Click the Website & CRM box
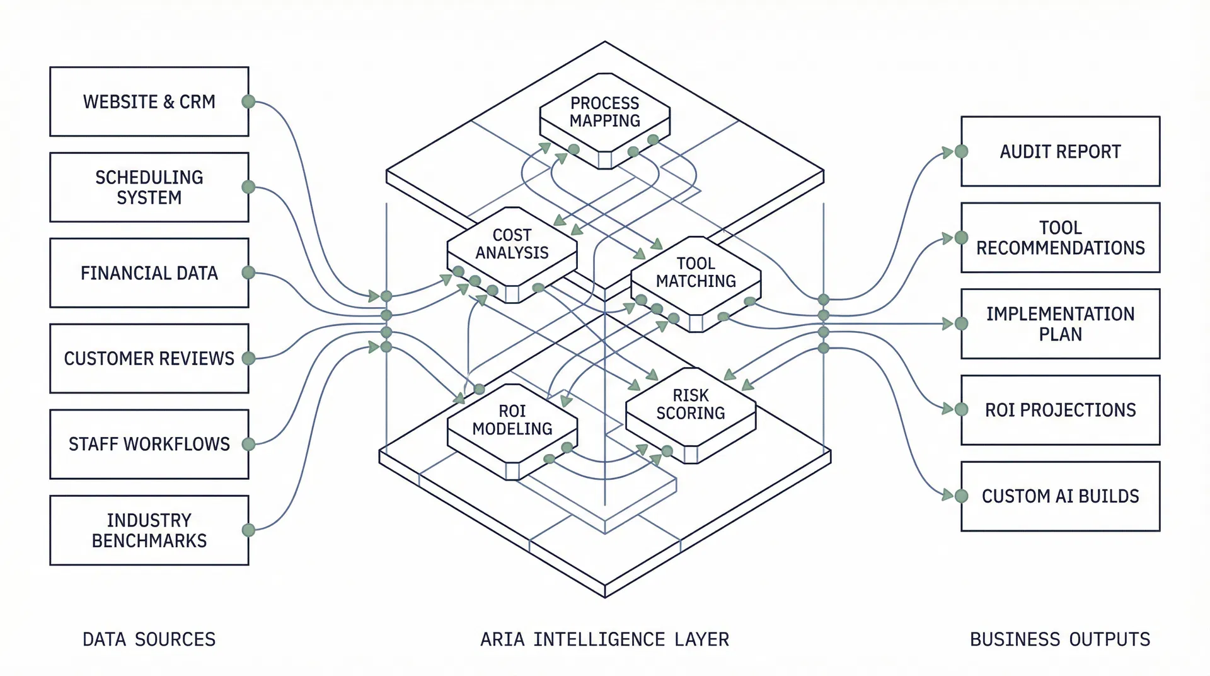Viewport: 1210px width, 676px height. (x=149, y=102)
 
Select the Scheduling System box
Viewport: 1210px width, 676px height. (x=149, y=187)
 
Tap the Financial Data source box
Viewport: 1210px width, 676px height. (x=149, y=273)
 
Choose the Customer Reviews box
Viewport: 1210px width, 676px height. (x=149, y=359)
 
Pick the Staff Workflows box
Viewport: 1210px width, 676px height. (x=149, y=445)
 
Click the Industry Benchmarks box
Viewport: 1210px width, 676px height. (x=149, y=530)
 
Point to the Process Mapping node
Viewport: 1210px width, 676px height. (x=604, y=112)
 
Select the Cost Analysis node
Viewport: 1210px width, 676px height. (x=512, y=244)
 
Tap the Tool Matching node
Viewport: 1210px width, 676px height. (x=696, y=272)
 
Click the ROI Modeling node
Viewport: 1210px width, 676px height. (x=512, y=420)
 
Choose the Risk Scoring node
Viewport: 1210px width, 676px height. (x=691, y=404)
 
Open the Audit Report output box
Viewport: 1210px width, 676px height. (x=1060, y=151)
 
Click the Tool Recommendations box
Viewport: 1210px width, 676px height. (x=1060, y=238)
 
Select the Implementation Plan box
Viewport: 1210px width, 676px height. (x=1060, y=324)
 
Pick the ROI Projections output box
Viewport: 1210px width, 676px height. (x=1060, y=411)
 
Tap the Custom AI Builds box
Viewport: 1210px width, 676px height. (x=1060, y=496)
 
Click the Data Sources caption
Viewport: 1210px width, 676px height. (x=149, y=639)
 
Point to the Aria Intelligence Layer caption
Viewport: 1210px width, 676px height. (x=604, y=639)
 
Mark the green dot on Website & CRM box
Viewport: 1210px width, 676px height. (x=249, y=102)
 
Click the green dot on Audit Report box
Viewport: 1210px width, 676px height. (x=961, y=151)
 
